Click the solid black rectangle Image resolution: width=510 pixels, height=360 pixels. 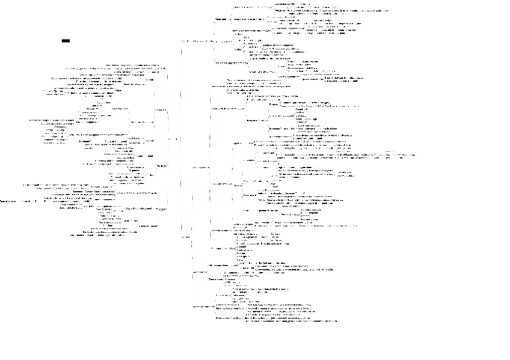pyautogui.click(x=66, y=41)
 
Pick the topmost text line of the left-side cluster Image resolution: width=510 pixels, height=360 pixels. pyautogui.click(x=132, y=63)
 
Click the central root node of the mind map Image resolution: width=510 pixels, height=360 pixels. pyautogui.click(x=173, y=139)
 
